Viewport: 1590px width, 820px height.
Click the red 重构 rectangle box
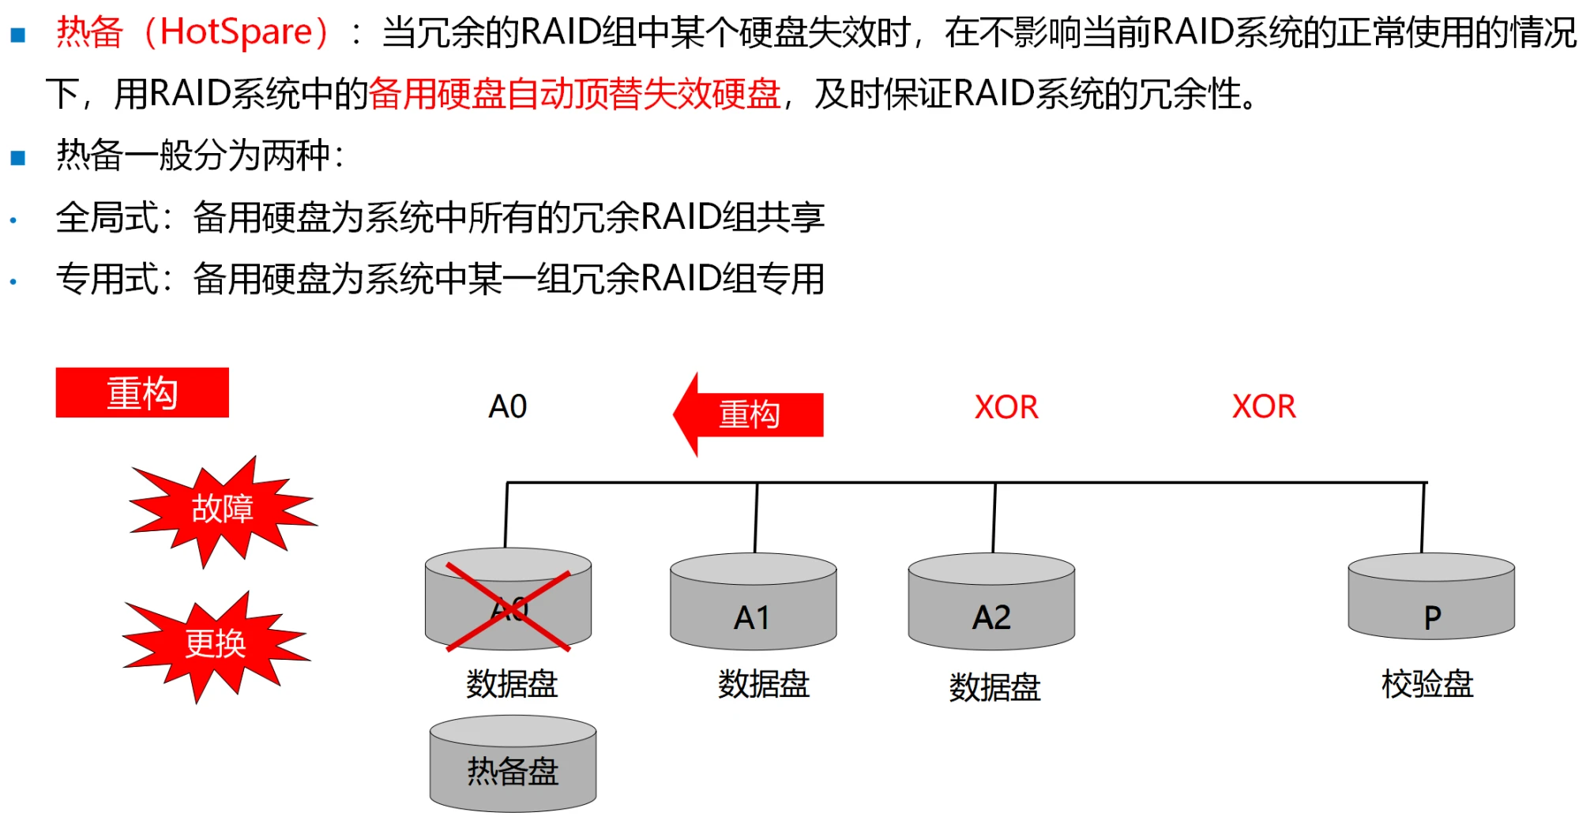[x=142, y=393]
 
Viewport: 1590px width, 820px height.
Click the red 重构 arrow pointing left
[x=749, y=414]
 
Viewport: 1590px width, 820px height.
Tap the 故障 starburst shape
[x=222, y=509]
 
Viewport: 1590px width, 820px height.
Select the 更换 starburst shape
[x=216, y=644]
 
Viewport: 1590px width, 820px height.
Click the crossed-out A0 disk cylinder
[x=508, y=600]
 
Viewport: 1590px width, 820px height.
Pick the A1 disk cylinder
[x=753, y=604]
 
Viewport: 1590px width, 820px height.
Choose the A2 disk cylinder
[x=991, y=604]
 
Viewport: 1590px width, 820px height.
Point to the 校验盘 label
[x=1427, y=683]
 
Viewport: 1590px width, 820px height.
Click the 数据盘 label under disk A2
[x=994, y=687]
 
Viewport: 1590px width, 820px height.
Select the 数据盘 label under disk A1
[x=763, y=683]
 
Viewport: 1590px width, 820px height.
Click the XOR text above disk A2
[x=1006, y=407]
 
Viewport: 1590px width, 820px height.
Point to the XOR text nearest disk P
[x=1264, y=406]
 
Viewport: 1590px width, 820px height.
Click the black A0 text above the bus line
[x=508, y=406]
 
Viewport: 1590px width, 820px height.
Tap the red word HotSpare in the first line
[x=236, y=32]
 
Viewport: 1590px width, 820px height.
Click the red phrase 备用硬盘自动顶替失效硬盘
[x=574, y=94]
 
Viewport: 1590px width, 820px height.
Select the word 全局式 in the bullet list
[x=107, y=217]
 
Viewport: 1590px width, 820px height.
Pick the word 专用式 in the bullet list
[x=107, y=279]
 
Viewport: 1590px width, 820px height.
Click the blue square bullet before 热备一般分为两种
[x=18, y=157]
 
